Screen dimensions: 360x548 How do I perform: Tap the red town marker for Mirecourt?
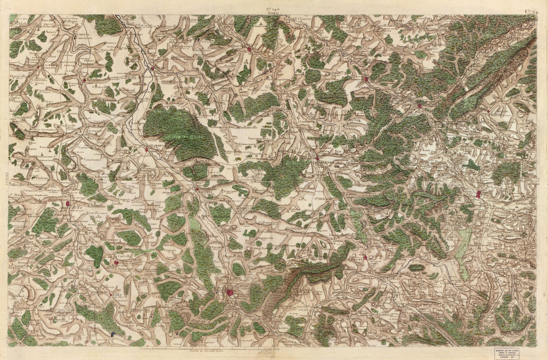tap(67, 203)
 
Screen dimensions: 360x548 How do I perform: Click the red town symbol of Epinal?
tap(230, 292)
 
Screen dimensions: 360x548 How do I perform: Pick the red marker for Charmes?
tap(146, 149)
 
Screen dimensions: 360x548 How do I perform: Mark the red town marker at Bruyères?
tap(365, 257)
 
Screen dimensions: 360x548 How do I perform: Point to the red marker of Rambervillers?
tap(317, 158)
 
